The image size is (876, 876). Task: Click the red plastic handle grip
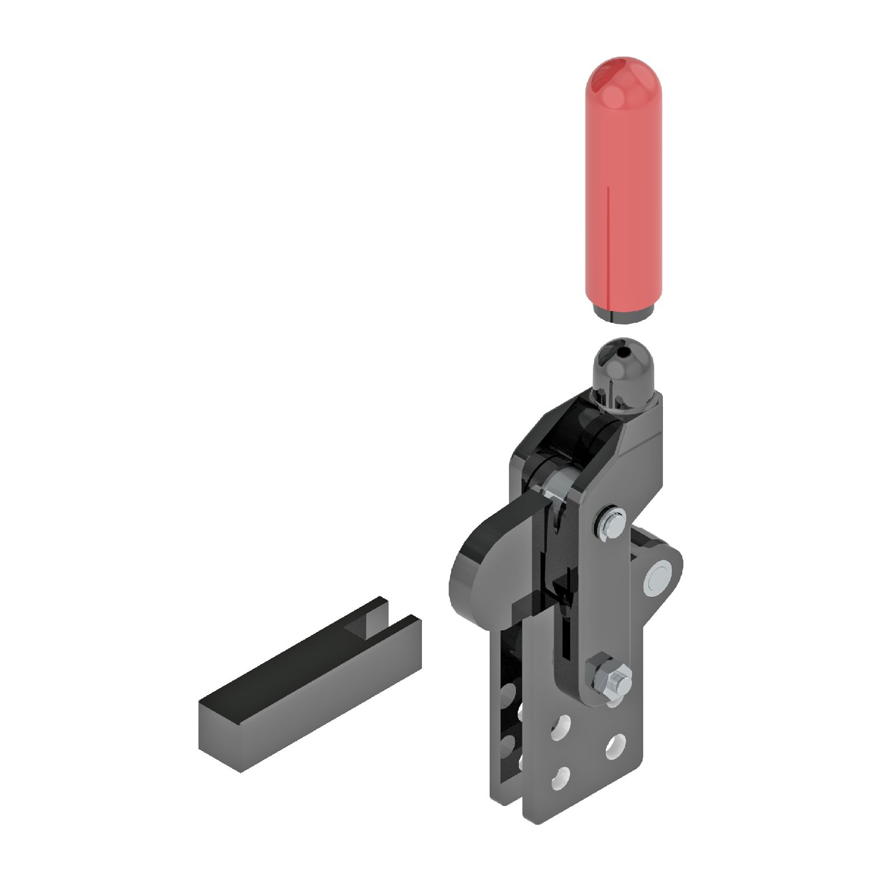click(624, 193)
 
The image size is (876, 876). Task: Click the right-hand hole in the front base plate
click(615, 746)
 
